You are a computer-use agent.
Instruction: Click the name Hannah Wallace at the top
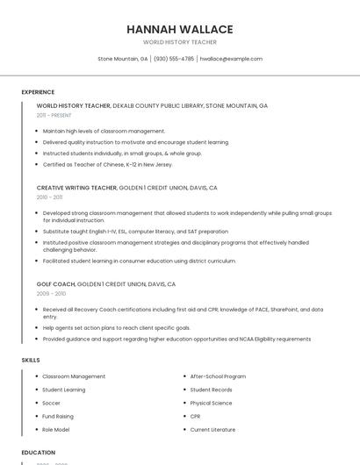tap(179, 28)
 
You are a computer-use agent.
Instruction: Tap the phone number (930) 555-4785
tap(174, 59)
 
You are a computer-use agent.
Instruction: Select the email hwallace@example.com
tap(231, 59)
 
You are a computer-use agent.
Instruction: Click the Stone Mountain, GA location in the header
tap(123, 59)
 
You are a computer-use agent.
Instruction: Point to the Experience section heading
tap(38, 91)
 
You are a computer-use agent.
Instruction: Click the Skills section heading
tap(31, 360)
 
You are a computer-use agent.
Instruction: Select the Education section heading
tap(39, 452)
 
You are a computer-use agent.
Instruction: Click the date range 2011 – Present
tap(54, 115)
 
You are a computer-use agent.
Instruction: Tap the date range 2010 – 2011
tap(50, 197)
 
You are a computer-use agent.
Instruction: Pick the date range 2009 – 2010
tap(51, 294)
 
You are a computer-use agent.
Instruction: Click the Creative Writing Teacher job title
tap(76, 188)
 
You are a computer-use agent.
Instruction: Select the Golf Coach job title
tap(56, 284)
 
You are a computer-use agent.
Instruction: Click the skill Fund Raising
tap(58, 416)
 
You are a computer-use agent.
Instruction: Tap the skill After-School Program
tap(218, 376)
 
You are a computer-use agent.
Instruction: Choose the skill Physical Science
tap(212, 403)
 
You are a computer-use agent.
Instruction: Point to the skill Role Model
tap(56, 429)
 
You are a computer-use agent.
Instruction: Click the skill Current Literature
tap(212, 429)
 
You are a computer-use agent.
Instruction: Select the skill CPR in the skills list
tap(196, 416)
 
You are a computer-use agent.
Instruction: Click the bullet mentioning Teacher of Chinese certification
tap(107, 164)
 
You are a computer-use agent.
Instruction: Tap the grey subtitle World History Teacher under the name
tap(179, 41)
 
